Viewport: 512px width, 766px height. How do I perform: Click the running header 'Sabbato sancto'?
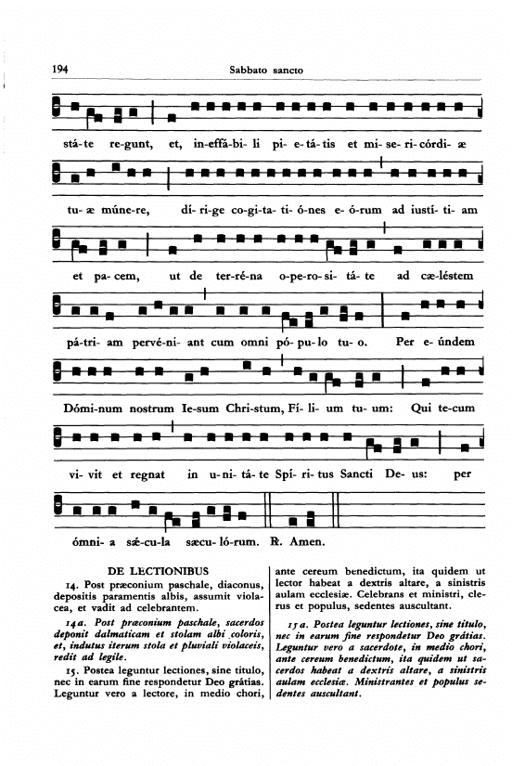click(266, 70)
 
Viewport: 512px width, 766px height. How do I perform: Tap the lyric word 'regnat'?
click(147, 474)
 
